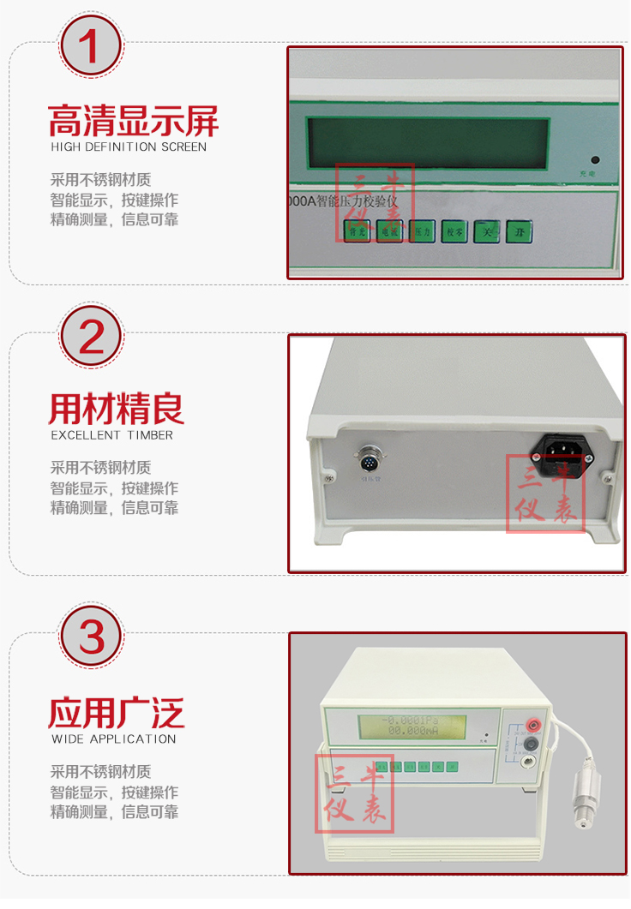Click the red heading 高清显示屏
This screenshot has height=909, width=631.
coord(134,121)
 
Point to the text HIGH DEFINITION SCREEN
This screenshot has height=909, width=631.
coord(129,147)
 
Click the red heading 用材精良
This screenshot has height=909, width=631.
coord(117,410)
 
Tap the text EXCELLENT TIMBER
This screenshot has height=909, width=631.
coord(111,435)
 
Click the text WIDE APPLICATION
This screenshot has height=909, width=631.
coord(113,739)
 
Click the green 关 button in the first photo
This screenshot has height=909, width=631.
coord(487,231)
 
